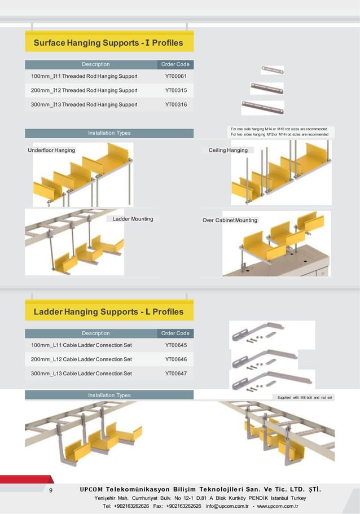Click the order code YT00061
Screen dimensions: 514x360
pyautogui.click(x=175, y=76)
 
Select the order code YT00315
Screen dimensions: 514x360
pyautogui.click(x=175, y=90)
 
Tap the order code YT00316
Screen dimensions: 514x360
pyautogui.click(x=175, y=104)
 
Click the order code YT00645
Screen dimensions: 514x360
pyautogui.click(x=175, y=345)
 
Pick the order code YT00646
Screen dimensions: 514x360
pyautogui.click(x=175, y=359)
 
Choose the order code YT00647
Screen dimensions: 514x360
pyautogui.click(x=175, y=374)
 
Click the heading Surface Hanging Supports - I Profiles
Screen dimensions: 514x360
pyautogui.click(x=108, y=43)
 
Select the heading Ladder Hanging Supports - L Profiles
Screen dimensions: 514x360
pyautogui.click(x=108, y=312)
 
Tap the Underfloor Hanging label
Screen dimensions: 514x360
pyautogui.click(x=52, y=150)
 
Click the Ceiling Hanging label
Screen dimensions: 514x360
pyautogui.click(x=228, y=150)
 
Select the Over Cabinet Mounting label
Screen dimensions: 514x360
pyautogui.click(x=230, y=220)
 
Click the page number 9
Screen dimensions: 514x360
pyautogui.click(x=51, y=490)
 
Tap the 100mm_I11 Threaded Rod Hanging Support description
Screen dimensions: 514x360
pyautogui.click(x=84, y=76)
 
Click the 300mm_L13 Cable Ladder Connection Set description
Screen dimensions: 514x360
pyautogui.click(x=81, y=374)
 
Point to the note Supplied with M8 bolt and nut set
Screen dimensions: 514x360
pyautogui.click(x=305, y=398)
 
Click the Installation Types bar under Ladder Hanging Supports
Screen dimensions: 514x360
pyautogui.click(x=109, y=395)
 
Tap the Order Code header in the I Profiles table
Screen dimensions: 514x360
pyautogui.click(x=175, y=64)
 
